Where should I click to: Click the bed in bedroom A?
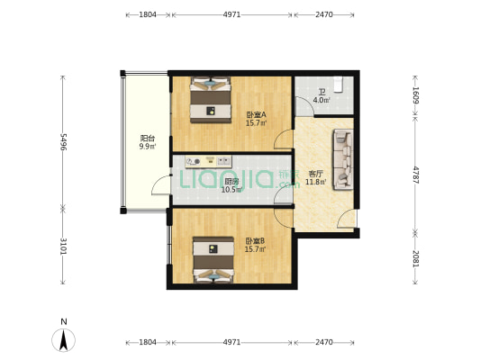point(211,100)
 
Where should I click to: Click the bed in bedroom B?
point(213,260)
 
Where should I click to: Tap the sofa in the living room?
point(343,159)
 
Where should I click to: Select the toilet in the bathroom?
point(338,84)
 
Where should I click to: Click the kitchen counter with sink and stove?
point(208,161)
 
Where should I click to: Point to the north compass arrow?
point(63,340)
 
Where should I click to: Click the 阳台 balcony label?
point(148,139)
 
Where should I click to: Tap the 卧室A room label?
point(257,115)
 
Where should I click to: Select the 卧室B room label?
point(255,241)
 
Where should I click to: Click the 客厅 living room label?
point(315,174)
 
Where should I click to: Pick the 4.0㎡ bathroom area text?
point(322,100)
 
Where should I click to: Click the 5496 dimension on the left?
point(63,141)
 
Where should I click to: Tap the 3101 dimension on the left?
point(63,246)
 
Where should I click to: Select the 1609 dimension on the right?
point(415,95)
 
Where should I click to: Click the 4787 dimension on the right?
point(415,175)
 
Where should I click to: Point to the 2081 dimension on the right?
point(415,259)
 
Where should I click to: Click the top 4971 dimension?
point(231,14)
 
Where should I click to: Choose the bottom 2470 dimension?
point(324,342)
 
